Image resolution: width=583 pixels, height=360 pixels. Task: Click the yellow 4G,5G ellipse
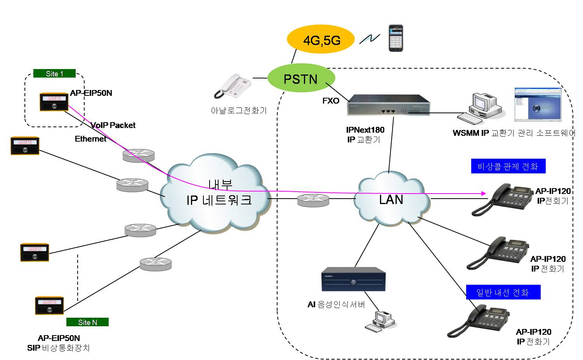point(321,40)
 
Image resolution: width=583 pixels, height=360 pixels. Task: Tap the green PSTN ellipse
point(301,79)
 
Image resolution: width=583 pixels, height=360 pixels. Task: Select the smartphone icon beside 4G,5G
point(396,38)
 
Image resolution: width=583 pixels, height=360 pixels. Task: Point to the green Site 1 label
point(54,74)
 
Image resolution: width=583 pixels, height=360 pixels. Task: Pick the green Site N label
point(87,322)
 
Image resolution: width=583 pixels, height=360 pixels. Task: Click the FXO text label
point(331,101)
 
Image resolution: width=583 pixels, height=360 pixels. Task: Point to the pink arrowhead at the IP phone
point(484,193)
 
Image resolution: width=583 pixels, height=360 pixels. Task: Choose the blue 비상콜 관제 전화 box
point(508,166)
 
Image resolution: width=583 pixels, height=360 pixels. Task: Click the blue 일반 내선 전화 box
point(503,292)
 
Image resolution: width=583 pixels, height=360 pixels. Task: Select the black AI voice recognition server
point(353,279)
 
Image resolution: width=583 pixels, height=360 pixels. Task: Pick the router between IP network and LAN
point(313,200)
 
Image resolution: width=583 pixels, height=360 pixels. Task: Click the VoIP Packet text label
point(113,125)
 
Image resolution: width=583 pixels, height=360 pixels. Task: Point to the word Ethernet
point(90,139)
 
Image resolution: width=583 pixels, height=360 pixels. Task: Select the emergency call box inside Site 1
point(54,102)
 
